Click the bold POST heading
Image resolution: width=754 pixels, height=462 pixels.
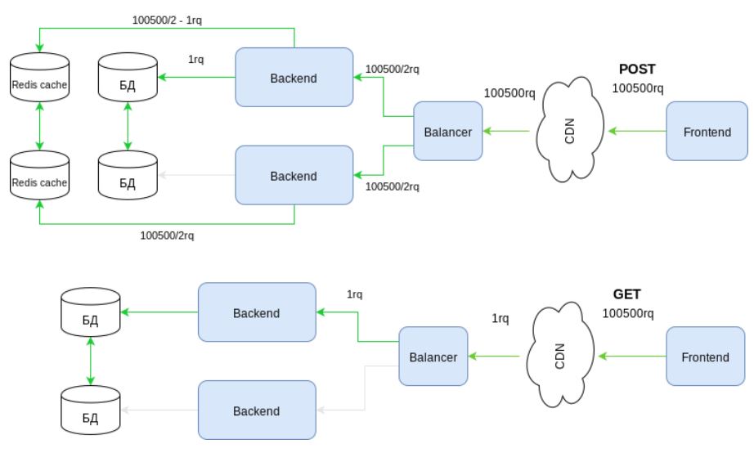pyautogui.click(x=637, y=70)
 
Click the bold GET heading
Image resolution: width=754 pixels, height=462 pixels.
pyautogui.click(x=627, y=294)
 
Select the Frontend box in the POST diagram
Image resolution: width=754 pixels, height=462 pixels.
pyautogui.click(x=707, y=132)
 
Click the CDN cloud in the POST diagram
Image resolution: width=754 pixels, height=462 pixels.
pyautogui.click(x=569, y=131)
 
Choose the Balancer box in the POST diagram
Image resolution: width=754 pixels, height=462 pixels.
pyautogui.click(x=447, y=131)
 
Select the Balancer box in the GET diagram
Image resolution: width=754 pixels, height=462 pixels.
pyautogui.click(x=433, y=357)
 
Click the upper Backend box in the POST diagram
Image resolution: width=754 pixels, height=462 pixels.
pyautogui.click(x=294, y=78)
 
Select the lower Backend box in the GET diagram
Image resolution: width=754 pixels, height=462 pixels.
pyautogui.click(x=257, y=411)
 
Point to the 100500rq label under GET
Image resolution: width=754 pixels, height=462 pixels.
pyautogui.click(x=627, y=313)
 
